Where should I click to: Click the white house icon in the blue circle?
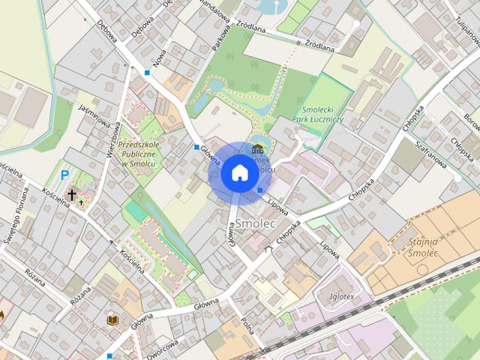[239, 172]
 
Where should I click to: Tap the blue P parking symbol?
[65, 175]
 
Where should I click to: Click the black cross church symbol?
[72, 195]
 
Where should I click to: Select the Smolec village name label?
[256, 223]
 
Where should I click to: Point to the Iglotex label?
[342, 295]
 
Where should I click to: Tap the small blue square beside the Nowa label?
[147, 73]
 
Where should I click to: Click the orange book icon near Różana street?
[112, 319]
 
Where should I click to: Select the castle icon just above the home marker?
[258, 148]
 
